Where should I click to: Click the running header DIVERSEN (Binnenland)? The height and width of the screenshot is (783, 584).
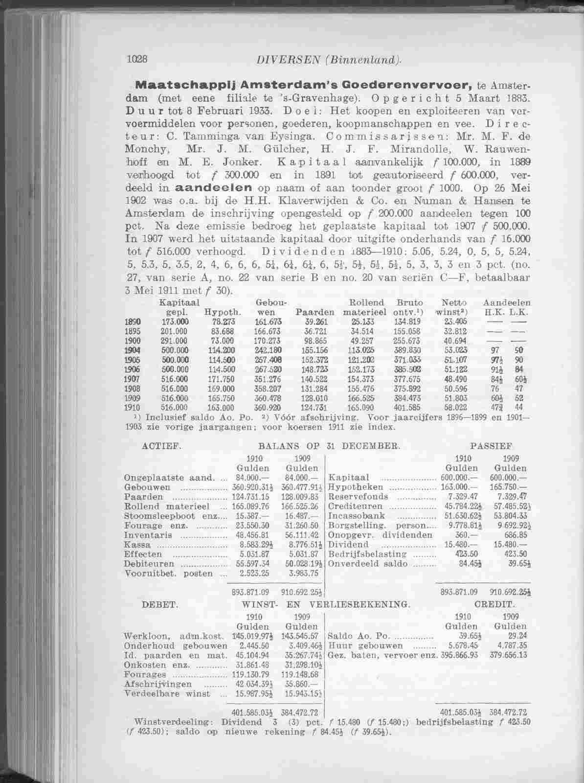[329, 60]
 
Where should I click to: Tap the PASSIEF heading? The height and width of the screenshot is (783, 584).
[491, 446]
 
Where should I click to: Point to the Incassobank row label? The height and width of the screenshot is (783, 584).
[357, 516]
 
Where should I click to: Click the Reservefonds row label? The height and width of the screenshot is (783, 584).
[358, 497]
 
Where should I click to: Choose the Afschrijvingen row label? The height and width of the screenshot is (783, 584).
[154, 684]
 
